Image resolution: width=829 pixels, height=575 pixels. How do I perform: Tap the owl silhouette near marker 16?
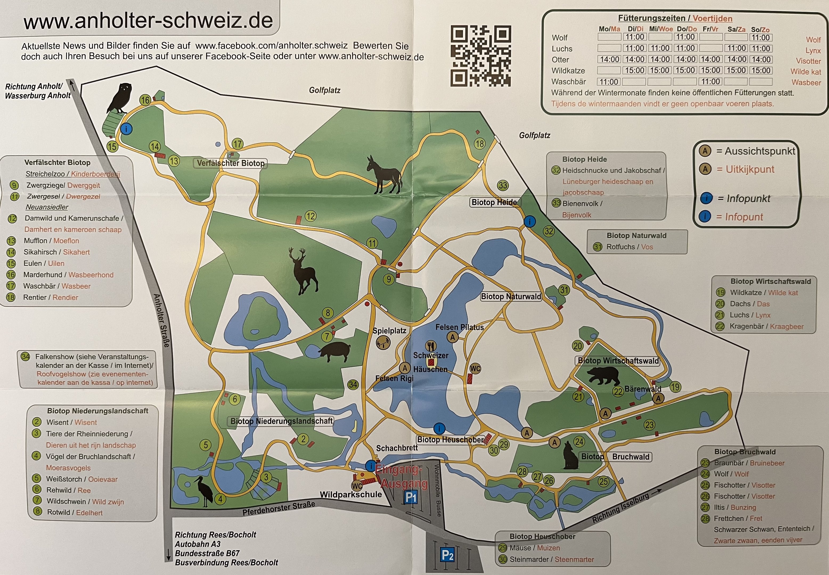[x=120, y=98]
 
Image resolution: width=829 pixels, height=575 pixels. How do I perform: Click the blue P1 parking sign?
[x=411, y=498]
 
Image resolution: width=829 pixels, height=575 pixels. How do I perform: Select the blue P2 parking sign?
[x=447, y=555]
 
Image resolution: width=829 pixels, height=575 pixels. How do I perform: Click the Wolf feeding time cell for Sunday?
[x=761, y=38]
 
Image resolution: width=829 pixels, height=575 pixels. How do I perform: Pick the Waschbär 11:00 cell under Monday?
[x=609, y=82]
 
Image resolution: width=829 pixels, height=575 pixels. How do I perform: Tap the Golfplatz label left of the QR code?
[x=324, y=90]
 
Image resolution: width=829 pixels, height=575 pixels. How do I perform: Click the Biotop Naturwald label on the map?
[x=511, y=297]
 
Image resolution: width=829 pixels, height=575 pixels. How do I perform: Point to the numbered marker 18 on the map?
[x=479, y=144]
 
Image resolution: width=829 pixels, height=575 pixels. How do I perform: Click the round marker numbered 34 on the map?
[x=353, y=385]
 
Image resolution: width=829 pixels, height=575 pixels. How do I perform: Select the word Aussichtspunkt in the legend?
[x=759, y=151]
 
